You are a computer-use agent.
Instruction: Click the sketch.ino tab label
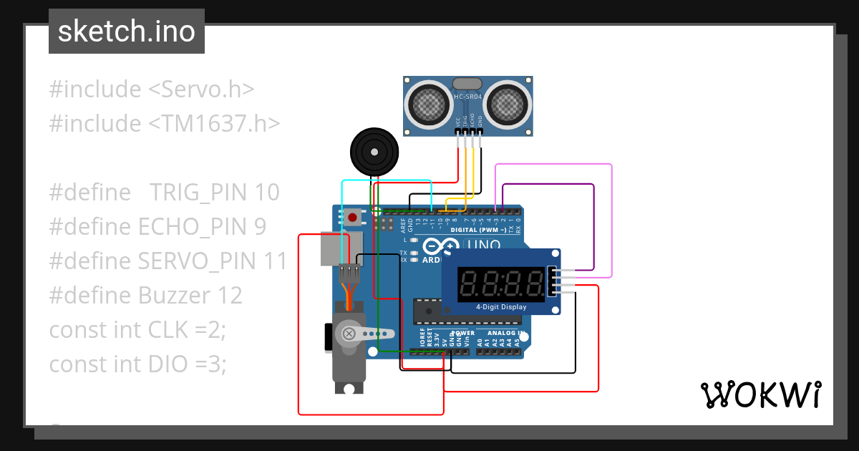click(x=126, y=31)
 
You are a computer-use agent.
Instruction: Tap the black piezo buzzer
click(x=373, y=151)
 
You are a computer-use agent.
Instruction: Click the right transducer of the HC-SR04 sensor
click(x=509, y=104)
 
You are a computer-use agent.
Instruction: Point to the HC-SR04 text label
click(x=469, y=97)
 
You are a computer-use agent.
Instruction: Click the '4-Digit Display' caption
click(x=501, y=307)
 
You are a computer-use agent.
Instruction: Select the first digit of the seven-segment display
click(x=469, y=285)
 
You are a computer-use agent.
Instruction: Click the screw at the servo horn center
click(x=349, y=334)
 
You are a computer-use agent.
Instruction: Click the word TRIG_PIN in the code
click(x=198, y=192)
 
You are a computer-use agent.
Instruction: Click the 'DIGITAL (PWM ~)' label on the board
click(x=478, y=231)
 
